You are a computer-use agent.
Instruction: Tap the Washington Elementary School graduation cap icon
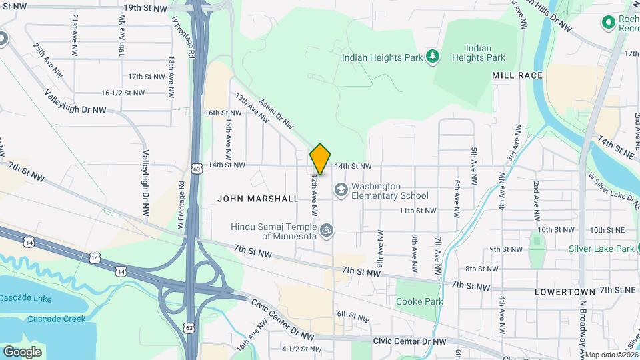[341, 191]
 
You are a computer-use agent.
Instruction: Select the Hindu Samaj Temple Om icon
[326, 231]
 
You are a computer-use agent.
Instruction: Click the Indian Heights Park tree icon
[433, 57]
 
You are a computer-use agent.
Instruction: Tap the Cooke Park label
[419, 301]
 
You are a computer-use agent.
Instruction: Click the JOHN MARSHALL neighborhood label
[258, 199]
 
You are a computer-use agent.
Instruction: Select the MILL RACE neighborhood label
[517, 76]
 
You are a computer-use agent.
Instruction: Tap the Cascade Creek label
[57, 319]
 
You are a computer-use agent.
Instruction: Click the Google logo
[22, 351]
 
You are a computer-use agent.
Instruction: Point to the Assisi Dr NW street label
[277, 114]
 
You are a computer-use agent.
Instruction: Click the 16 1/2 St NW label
[123, 93]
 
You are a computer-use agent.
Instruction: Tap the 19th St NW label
[145, 8]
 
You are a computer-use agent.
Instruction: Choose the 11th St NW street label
[417, 211]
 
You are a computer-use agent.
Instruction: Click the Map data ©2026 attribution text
[611, 355]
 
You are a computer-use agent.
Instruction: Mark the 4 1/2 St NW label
[299, 349]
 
